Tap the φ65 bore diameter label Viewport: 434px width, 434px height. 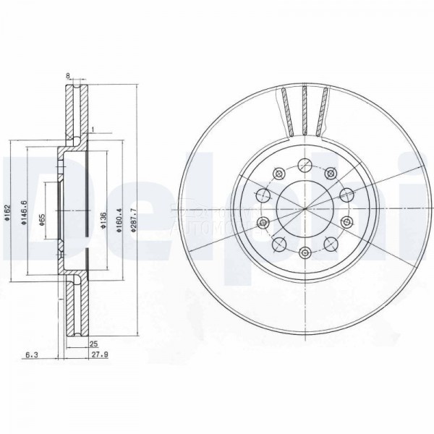click(43, 215)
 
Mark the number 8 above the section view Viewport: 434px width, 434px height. click(67, 75)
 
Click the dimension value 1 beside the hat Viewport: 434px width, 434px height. click(93, 129)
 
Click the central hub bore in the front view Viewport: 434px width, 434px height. click(305, 210)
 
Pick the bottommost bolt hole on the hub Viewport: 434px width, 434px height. click(305, 253)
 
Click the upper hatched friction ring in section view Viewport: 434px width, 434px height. click(75, 109)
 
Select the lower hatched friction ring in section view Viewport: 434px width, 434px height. click(75, 318)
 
